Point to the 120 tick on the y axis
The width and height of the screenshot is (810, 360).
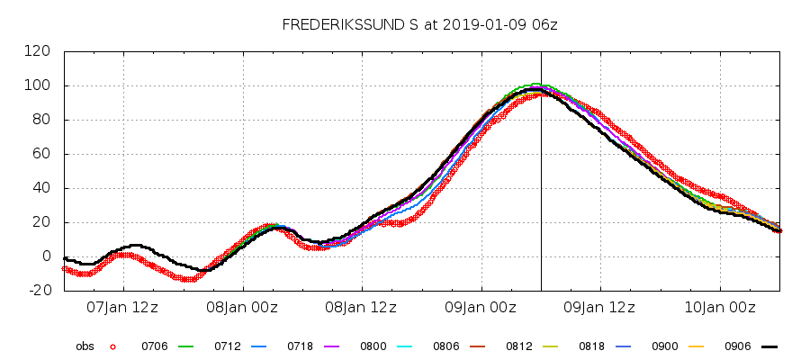point(38,51)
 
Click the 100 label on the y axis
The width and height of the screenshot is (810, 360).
point(38,85)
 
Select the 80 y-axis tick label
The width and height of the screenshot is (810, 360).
point(41,120)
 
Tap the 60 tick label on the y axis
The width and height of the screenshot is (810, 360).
point(41,154)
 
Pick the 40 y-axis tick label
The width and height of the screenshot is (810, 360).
point(41,188)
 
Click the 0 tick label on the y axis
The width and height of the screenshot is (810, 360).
point(45,256)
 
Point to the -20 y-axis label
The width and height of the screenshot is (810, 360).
point(38,291)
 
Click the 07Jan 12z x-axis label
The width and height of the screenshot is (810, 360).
point(122,308)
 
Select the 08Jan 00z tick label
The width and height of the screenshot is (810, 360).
point(242,308)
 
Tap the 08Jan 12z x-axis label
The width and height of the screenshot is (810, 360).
point(361,308)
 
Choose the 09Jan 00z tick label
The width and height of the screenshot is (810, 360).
point(481,308)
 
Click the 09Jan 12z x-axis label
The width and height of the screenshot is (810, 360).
point(599,308)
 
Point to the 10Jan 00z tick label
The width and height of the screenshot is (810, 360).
point(719,308)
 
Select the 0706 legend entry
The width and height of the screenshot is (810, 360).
point(154,346)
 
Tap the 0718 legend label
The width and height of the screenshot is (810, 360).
point(300,346)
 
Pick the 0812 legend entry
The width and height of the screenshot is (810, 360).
point(519,346)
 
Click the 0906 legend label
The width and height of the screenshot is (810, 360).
point(738,346)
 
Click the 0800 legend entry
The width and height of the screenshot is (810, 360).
point(373,346)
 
